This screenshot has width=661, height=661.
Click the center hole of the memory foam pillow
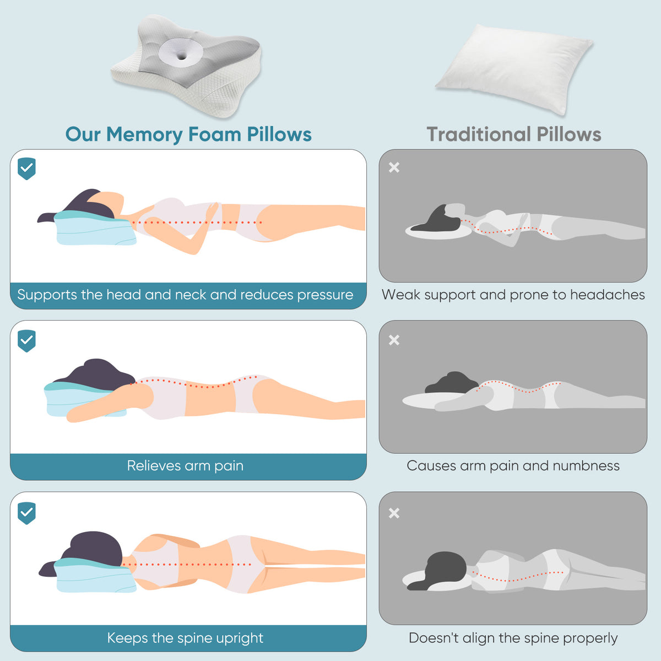(x=182, y=57)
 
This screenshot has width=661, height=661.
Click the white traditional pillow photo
(x=513, y=69)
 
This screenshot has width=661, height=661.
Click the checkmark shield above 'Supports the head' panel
(x=27, y=169)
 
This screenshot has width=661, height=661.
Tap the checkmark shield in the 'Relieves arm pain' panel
(x=27, y=341)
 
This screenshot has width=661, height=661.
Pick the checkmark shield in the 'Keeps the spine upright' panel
(x=27, y=513)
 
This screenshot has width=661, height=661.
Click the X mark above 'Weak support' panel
(x=394, y=167)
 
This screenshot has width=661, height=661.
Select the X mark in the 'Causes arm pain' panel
(x=394, y=340)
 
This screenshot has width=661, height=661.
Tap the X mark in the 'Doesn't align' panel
(x=394, y=513)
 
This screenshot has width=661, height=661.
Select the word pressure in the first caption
(x=325, y=295)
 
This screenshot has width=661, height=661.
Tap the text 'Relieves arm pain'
(x=185, y=466)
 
